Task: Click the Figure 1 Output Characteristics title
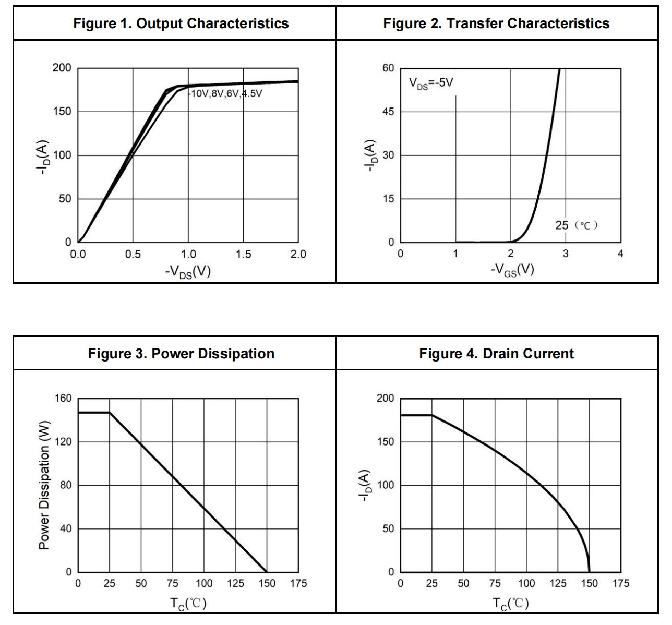tap(181, 23)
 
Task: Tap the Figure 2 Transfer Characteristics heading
tap(496, 23)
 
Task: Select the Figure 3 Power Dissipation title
tap(181, 354)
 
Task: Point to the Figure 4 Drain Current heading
tap(496, 354)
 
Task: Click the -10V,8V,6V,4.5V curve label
tap(225, 94)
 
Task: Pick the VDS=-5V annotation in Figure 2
tap(431, 83)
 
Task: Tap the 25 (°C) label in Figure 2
tap(576, 225)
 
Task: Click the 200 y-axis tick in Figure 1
tap(62, 68)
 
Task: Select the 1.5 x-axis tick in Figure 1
tap(243, 255)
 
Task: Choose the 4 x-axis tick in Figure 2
tap(620, 255)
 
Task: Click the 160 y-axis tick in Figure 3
tap(63, 399)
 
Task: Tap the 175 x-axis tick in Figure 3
tap(298, 584)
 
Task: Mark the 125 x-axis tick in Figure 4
tap(558, 584)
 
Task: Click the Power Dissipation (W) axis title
tap(44, 485)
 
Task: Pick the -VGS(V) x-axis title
tap(512, 270)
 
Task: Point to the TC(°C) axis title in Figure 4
tap(511, 604)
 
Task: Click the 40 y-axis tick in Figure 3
tap(65, 529)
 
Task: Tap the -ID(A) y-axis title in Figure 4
tap(364, 486)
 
